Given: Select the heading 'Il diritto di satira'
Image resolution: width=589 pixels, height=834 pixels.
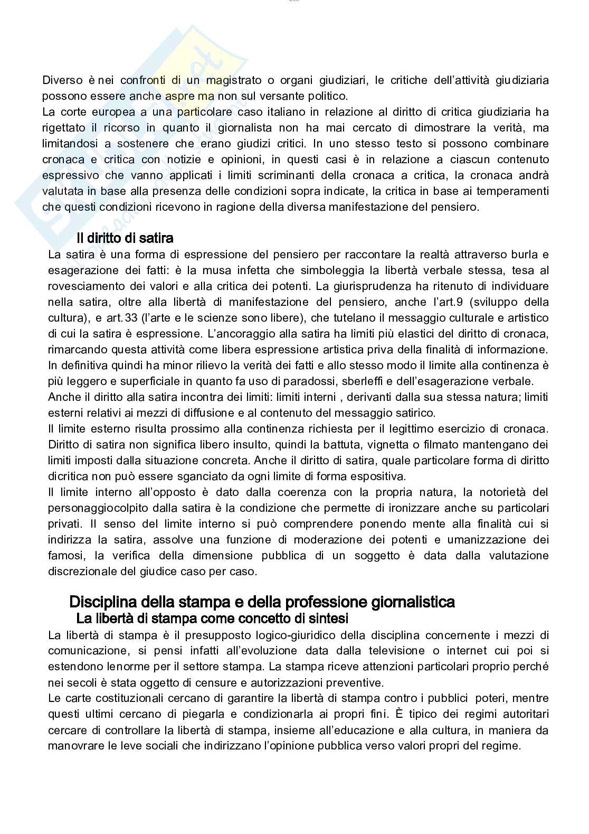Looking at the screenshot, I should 125,238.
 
